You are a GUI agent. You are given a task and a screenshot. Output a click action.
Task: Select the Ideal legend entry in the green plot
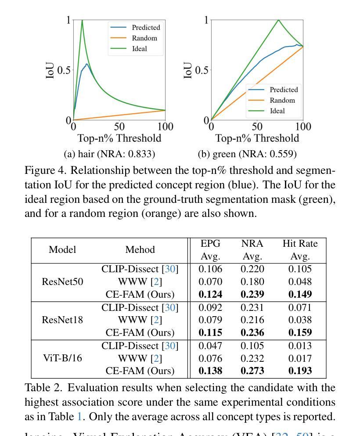277,111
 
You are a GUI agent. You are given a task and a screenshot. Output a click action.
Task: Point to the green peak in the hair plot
82,20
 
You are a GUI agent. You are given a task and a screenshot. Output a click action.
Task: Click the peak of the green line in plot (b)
278,20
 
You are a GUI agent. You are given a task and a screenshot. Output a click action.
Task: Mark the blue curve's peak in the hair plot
87,64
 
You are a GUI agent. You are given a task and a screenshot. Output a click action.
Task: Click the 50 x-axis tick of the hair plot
119,127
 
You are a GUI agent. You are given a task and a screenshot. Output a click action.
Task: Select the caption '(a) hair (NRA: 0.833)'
109,154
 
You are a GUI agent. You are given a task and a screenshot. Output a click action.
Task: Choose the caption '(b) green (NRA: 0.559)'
247,154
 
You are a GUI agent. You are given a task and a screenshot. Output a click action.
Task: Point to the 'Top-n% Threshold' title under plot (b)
257,138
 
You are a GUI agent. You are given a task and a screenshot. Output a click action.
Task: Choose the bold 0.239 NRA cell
252,295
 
